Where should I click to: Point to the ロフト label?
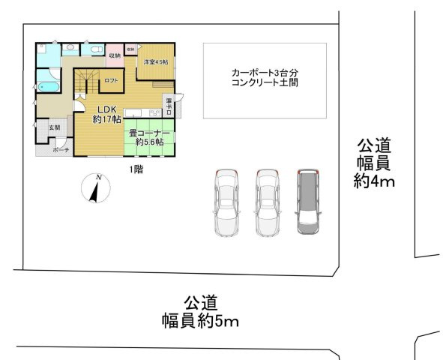[x=111, y=79]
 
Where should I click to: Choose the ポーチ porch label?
[x=61, y=150]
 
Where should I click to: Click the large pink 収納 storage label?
[x=115, y=55]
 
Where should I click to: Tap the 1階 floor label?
[x=136, y=169]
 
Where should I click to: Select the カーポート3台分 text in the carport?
[x=265, y=72]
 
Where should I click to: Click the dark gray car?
[x=308, y=202]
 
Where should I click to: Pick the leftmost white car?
[x=226, y=202]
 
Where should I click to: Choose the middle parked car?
[x=267, y=202]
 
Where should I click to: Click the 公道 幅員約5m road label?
[x=200, y=313]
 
